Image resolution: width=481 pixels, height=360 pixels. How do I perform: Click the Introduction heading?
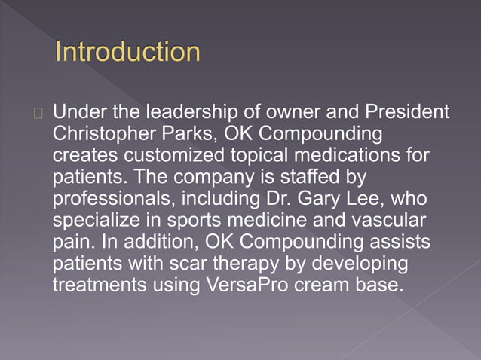128,53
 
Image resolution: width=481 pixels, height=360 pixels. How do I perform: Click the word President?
407,112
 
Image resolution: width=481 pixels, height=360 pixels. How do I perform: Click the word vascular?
388,221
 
